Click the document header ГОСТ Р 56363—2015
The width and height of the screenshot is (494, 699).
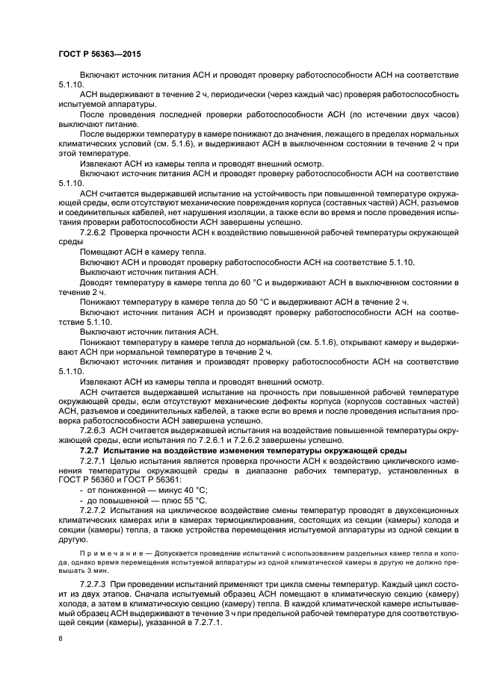tap(99, 55)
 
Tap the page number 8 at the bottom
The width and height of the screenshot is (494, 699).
tap(61, 639)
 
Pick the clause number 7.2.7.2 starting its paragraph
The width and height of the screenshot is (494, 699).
tap(93, 509)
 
